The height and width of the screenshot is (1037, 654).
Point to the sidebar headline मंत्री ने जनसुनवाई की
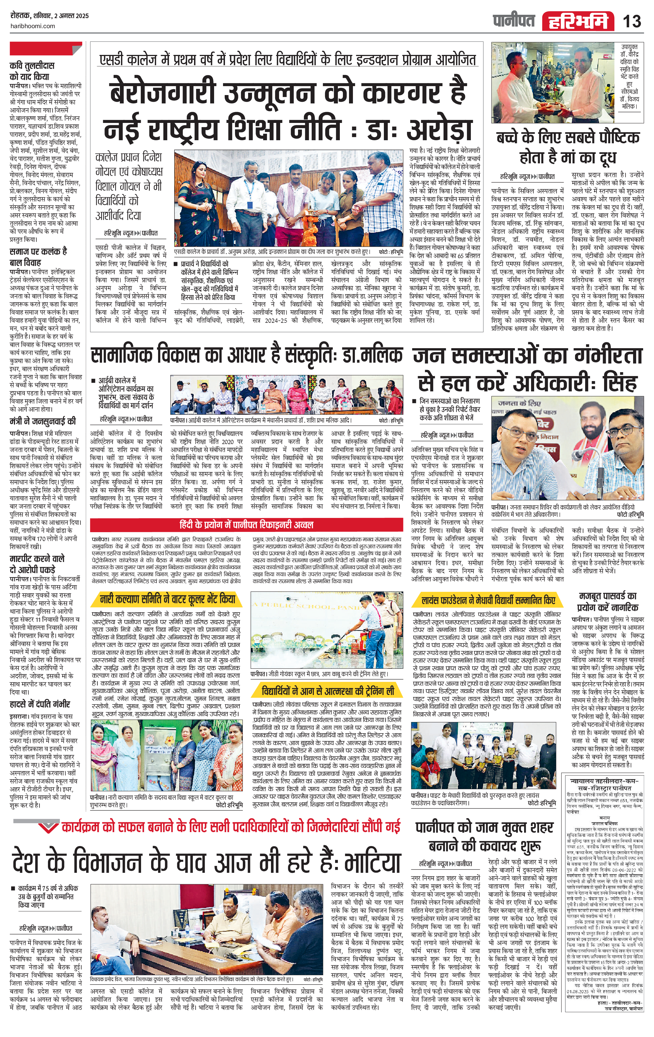click(43, 421)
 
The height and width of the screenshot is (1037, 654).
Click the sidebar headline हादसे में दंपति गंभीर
click(40, 704)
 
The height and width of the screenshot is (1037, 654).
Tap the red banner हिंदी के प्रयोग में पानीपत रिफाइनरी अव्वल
click(246, 525)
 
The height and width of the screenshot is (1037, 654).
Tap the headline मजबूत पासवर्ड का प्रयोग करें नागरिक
click(607, 602)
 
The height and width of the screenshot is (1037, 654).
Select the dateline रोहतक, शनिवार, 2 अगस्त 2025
click(50, 16)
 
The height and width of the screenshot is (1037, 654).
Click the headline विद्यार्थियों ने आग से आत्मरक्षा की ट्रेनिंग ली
click(328, 691)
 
